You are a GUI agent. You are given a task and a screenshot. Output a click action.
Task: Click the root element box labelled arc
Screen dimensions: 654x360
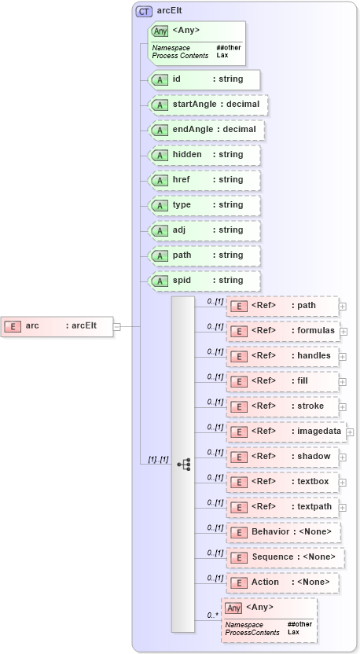pyautogui.click(x=57, y=326)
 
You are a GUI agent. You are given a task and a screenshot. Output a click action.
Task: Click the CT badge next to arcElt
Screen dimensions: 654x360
pyautogui.click(x=144, y=12)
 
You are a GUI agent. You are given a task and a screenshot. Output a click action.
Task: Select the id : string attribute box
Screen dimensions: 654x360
pyautogui.click(x=204, y=79)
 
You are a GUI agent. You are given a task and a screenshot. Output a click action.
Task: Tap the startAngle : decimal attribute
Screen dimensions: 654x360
pyautogui.click(x=208, y=105)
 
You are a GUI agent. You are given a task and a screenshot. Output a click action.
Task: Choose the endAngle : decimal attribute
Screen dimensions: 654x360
pyautogui.click(x=206, y=130)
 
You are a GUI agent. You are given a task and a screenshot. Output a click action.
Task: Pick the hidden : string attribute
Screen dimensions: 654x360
pyautogui.click(x=204, y=155)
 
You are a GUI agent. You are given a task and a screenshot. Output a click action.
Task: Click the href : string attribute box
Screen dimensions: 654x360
pyautogui.click(x=204, y=180)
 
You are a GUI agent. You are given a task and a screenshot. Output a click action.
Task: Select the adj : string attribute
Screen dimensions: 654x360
pyautogui.click(x=204, y=230)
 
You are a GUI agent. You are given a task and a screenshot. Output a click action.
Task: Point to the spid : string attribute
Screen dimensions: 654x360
pyautogui.click(x=204, y=281)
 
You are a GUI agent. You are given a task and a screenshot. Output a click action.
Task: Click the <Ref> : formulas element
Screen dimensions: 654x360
pyautogui.click(x=282, y=331)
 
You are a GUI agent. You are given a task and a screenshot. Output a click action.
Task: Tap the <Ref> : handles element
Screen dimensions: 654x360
pyautogui.click(x=282, y=356)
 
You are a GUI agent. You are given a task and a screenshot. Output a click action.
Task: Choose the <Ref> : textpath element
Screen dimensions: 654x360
pyautogui.click(x=282, y=507)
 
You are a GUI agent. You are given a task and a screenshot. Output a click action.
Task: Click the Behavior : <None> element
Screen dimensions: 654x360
pyautogui.click(x=284, y=532)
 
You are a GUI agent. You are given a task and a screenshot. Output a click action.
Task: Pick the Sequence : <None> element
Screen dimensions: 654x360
pyautogui.click(x=285, y=557)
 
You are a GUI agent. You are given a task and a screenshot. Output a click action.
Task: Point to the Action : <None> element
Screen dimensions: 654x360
pyautogui.click(x=282, y=582)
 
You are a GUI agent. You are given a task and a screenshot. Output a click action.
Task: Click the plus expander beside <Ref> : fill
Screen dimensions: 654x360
pyautogui.click(x=343, y=382)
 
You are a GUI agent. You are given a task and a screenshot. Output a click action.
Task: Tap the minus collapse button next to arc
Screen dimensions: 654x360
pyautogui.click(x=117, y=326)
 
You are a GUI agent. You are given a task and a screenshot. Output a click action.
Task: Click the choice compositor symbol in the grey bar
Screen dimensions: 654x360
pyautogui.click(x=183, y=465)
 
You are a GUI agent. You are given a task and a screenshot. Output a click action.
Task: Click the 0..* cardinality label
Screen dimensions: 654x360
pyautogui.click(x=211, y=615)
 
